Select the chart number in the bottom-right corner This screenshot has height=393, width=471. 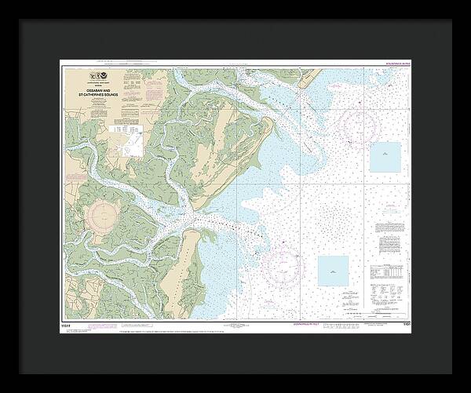point(403,322)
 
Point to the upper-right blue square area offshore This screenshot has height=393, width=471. point(385,158)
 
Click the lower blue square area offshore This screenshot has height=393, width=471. point(333,271)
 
